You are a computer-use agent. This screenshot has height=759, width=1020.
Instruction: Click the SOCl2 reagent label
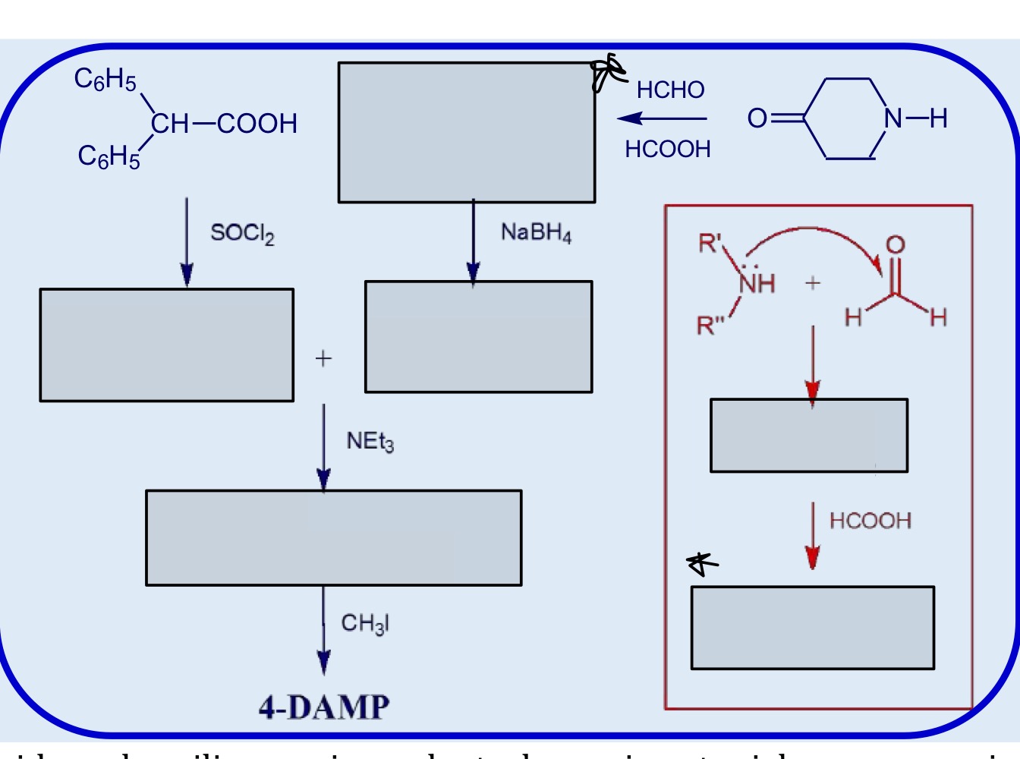coord(242,233)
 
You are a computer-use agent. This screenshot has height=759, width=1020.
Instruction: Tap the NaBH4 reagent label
coord(536,232)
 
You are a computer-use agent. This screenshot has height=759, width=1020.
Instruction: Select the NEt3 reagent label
coord(370,442)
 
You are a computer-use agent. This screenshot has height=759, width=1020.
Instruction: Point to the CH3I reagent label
coord(365,624)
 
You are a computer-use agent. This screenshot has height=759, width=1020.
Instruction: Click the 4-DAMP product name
coord(324,707)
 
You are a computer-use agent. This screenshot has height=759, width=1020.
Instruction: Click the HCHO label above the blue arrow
coord(670,90)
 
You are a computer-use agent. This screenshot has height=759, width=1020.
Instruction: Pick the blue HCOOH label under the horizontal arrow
coord(668,150)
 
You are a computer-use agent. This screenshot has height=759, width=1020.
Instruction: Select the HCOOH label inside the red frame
coord(870,521)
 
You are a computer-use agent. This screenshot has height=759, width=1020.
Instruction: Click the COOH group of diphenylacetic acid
coord(257,124)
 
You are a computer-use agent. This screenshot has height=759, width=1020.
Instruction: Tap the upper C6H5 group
coord(105,79)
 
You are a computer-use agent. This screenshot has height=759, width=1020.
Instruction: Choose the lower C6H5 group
coord(109,156)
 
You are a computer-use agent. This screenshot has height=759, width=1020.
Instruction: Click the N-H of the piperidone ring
coord(915,118)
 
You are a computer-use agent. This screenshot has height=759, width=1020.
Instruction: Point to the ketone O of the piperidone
coord(757,118)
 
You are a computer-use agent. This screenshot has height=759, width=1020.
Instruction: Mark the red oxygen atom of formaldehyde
coord(896,244)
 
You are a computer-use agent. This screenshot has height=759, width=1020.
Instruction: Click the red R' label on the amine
coord(710,244)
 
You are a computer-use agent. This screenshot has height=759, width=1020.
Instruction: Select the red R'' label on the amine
coord(710,326)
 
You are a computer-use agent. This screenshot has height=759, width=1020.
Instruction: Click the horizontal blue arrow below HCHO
coord(662,118)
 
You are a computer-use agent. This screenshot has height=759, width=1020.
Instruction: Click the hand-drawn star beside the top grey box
coord(608,71)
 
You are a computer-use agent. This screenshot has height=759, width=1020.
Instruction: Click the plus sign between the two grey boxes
coord(323,358)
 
